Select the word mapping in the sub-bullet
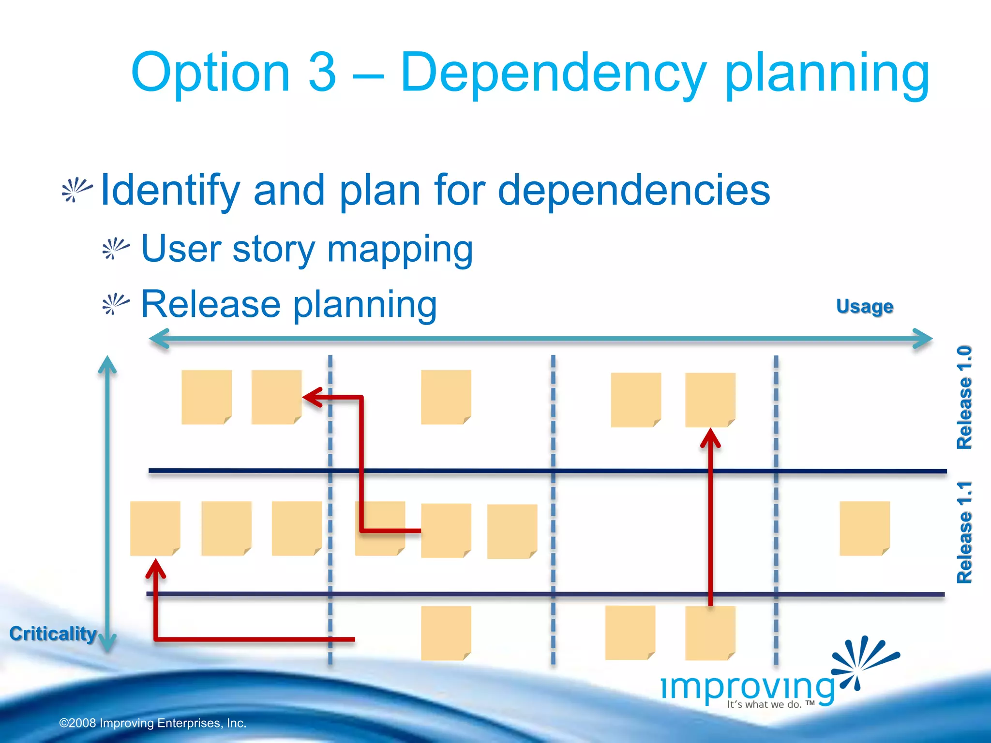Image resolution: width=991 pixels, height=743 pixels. [400, 250]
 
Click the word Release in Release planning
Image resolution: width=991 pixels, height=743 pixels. [210, 304]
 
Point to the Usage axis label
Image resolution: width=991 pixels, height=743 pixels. [864, 306]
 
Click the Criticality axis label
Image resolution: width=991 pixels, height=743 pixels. [53, 634]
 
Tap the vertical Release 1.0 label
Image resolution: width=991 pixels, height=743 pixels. [964, 398]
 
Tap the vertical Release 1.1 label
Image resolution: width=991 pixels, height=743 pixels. [964, 532]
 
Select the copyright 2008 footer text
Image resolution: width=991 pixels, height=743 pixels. [152, 723]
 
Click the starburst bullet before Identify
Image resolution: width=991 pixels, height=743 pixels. [76, 190]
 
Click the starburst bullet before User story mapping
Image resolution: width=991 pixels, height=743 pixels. [116, 249]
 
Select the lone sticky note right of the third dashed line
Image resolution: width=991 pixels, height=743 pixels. [864, 528]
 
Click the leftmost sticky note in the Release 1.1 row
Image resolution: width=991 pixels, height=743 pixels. [155, 528]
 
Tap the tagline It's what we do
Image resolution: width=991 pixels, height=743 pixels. [770, 704]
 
